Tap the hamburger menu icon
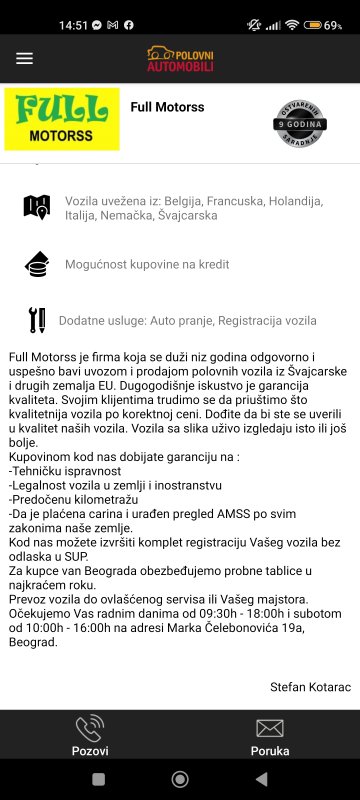tap(24, 58)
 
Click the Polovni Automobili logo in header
tap(180, 58)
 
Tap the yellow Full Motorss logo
tap(62, 119)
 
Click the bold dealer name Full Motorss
tap(167, 107)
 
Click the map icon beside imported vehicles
tap(36, 207)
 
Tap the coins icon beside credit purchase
tap(36, 264)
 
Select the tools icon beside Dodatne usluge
tap(36, 320)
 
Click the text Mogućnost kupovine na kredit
tap(147, 264)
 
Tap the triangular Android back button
tap(262, 779)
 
